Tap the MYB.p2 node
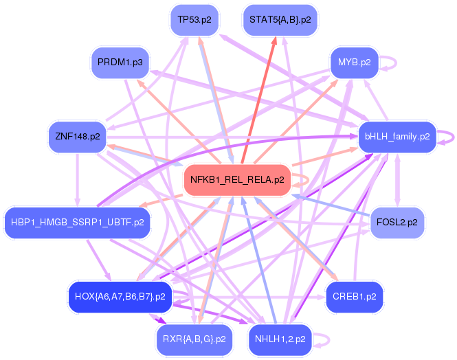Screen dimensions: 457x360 coord(354,63)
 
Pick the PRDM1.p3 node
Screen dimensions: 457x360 coord(120,63)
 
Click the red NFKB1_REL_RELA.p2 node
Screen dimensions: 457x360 coord(235,180)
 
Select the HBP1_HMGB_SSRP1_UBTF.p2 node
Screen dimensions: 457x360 coord(77,222)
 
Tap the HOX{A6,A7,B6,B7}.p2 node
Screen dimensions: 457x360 coord(120,297)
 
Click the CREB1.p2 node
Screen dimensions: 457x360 coord(354,296)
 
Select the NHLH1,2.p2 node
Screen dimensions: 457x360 coord(280,338)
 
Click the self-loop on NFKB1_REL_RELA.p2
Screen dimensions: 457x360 coord(303,180)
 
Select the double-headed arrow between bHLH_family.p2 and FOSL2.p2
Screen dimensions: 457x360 coord(397,179)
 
